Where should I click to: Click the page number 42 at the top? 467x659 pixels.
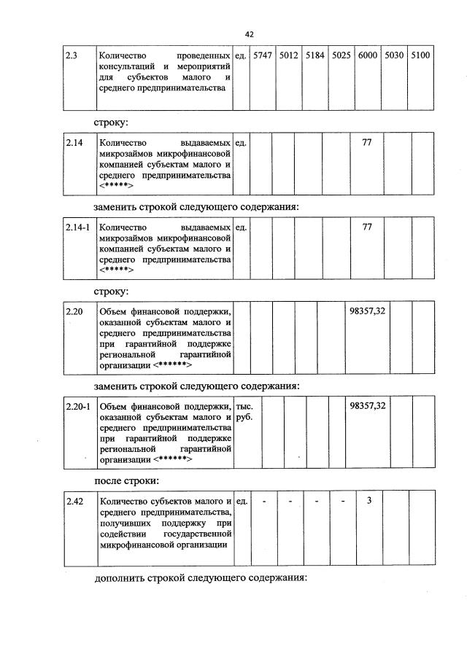click(x=249, y=34)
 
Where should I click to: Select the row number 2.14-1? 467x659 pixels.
click(x=77, y=227)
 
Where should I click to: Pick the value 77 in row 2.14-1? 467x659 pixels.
click(x=367, y=227)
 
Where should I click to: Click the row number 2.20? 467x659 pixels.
click(x=74, y=311)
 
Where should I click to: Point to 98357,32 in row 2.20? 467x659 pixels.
click(x=368, y=311)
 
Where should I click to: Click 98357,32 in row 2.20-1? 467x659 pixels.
click(x=368, y=405)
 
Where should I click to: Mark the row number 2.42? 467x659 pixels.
click(x=74, y=501)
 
